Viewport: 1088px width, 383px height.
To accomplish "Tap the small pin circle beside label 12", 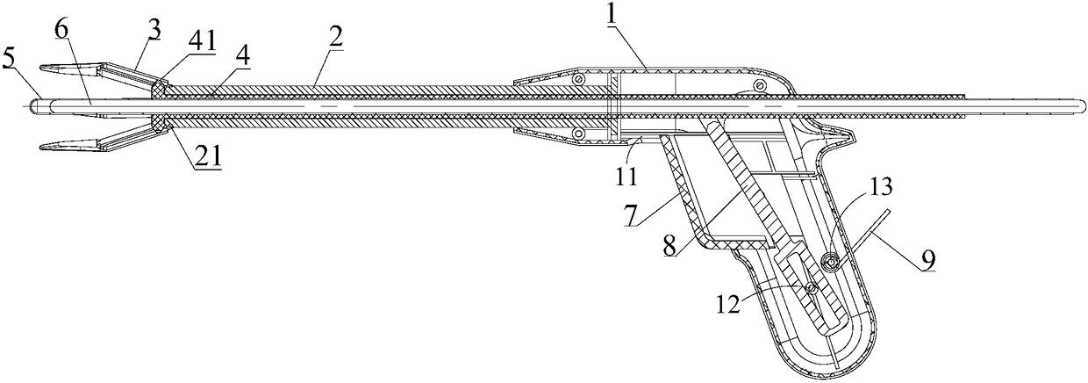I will click(x=812, y=287).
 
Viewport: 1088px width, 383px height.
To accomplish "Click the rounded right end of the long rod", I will click(x=1082, y=107).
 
